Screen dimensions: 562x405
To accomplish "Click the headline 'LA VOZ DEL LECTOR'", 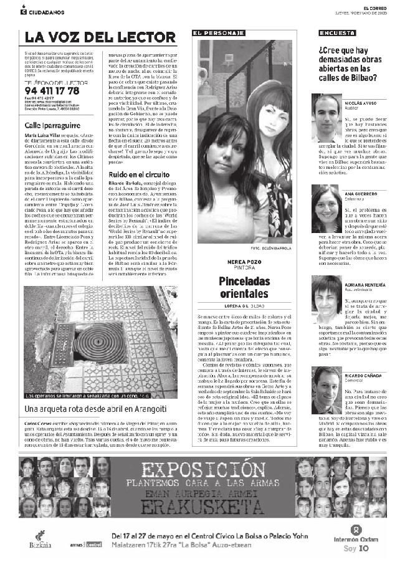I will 100,37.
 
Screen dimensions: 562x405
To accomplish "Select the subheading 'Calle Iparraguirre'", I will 51,126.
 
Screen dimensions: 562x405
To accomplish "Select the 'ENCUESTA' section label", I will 334,32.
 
